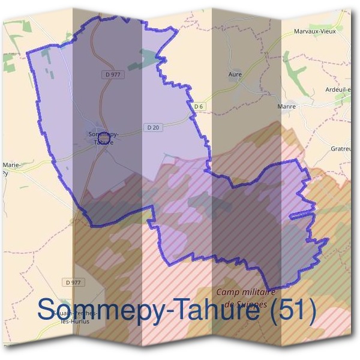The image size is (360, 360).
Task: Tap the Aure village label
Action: [235, 74]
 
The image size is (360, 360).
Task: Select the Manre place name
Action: [287, 106]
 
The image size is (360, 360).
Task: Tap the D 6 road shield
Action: [199, 106]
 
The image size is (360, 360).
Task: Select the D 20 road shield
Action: [152, 127]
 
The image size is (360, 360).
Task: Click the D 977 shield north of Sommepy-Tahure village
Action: [109, 74]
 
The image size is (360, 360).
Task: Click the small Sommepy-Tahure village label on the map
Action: [103, 139]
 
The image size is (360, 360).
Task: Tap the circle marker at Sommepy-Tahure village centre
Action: [103, 142]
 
